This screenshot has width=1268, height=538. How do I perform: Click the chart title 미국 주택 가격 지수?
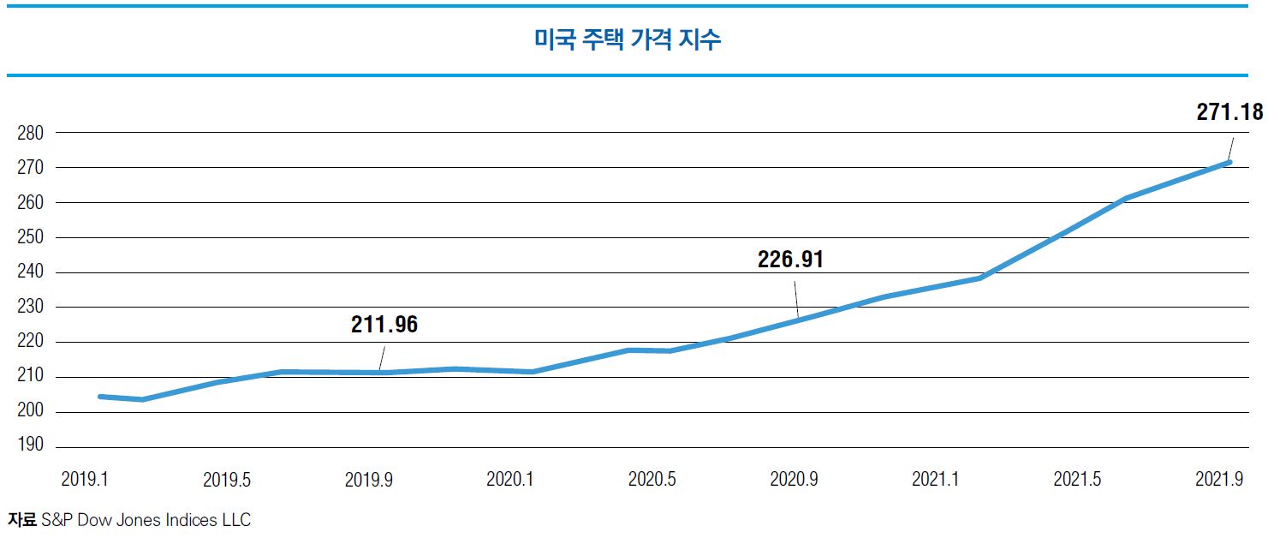point(628,39)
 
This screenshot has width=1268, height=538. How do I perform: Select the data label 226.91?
point(790,259)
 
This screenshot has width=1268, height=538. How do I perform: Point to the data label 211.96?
point(384,325)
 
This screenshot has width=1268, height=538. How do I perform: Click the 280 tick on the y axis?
point(29,133)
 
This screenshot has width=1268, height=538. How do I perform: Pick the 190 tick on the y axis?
point(29,447)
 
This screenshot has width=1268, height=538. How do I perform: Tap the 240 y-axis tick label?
point(29,272)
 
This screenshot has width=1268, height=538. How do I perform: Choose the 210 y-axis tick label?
point(29,377)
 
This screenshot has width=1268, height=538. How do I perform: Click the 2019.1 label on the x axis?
point(85,480)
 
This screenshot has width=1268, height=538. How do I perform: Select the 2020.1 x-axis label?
point(510,480)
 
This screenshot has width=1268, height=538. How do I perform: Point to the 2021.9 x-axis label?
point(1218,480)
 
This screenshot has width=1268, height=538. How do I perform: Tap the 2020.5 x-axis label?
point(652,480)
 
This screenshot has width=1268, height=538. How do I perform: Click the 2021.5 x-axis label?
point(1077,480)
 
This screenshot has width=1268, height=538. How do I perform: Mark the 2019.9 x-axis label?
point(368,480)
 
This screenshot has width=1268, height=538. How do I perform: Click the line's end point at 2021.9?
point(1229,162)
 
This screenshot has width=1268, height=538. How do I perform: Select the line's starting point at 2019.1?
point(101,397)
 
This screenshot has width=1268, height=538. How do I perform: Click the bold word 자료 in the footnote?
point(22,520)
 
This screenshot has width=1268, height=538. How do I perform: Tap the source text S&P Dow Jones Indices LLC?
point(146,520)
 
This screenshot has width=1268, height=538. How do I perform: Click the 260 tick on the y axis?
point(29,203)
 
